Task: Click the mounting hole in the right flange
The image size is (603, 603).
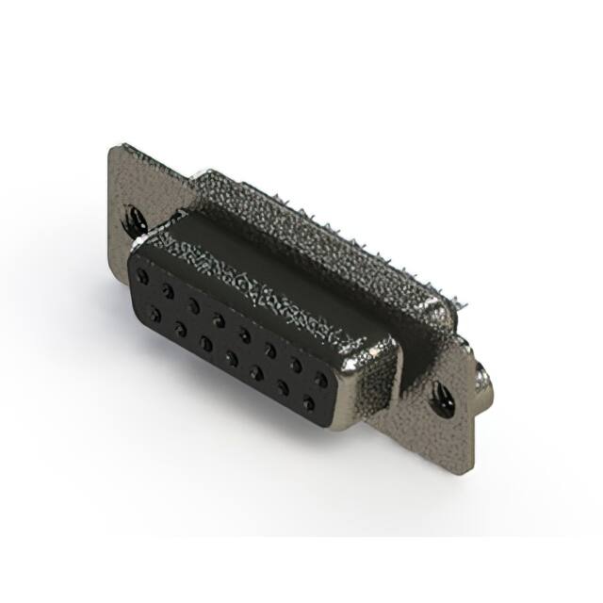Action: point(440,399)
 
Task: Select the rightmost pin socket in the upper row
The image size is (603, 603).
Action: point(321,379)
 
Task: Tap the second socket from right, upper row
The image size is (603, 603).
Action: point(296,365)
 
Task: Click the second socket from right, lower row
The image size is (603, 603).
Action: point(282,388)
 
